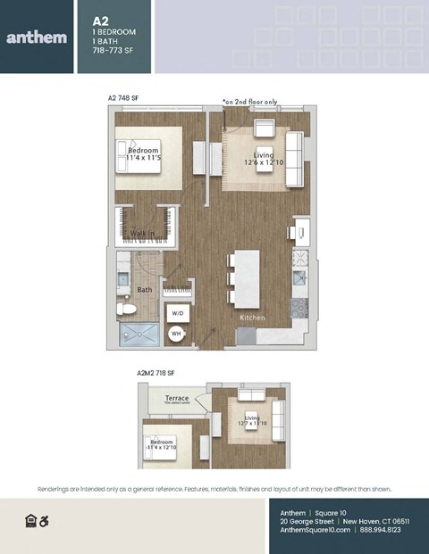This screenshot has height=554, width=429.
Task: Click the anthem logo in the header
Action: coord(37,37)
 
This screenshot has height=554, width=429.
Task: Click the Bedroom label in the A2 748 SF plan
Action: coord(143,151)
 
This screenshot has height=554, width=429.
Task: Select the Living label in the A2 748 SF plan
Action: coord(264,155)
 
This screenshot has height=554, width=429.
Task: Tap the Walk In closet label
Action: coord(143,233)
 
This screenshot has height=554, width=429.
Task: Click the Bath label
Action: coord(144,289)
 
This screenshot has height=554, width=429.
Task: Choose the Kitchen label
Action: coord(251,318)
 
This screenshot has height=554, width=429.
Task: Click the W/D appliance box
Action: coord(177,313)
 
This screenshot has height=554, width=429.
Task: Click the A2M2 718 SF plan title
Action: coord(156,372)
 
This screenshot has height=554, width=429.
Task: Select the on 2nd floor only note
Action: coord(257,102)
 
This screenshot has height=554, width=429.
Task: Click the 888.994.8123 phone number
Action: coord(381,530)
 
